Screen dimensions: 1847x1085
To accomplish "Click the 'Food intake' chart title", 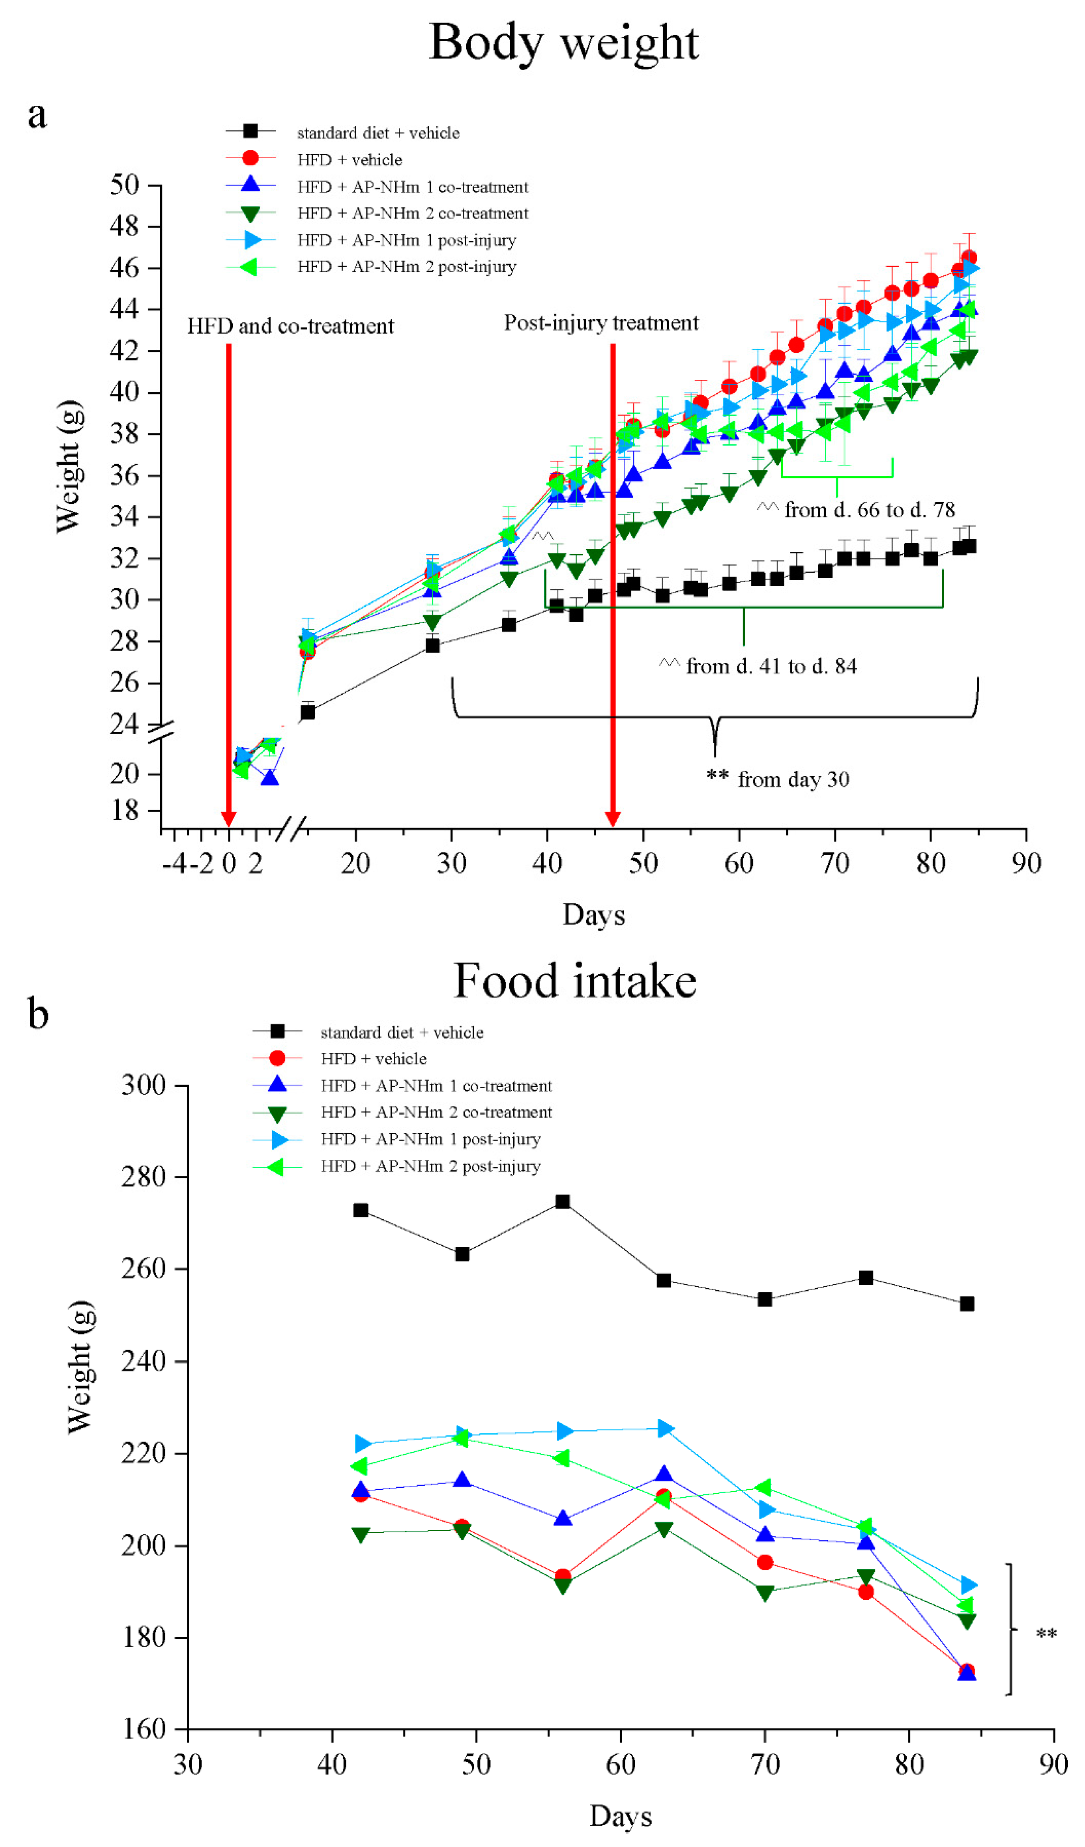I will point(575,981).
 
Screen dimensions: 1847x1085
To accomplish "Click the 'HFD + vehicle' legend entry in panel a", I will point(349,160).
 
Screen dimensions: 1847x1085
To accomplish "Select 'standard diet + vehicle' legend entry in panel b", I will point(402,1033).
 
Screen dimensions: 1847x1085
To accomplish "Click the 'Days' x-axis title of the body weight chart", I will point(593,915).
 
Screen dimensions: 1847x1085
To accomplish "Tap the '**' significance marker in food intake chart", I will point(1046,1634).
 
